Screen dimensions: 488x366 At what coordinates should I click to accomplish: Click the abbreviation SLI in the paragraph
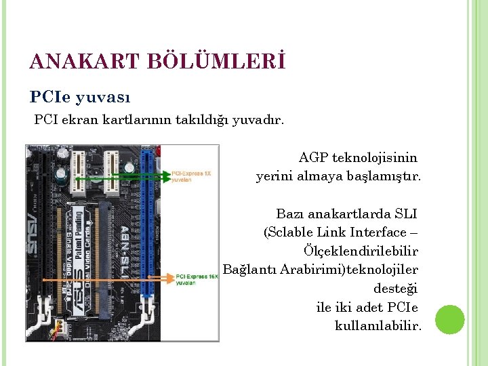pyautogui.click(x=405, y=214)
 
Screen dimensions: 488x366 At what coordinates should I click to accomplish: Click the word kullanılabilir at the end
pyautogui.click(x=378, y=326)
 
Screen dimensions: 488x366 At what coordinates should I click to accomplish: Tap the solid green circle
pyautogui.click(x=450, y=319)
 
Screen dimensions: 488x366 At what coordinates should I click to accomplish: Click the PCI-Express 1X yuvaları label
pyautogui.click(x=191, y=176)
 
